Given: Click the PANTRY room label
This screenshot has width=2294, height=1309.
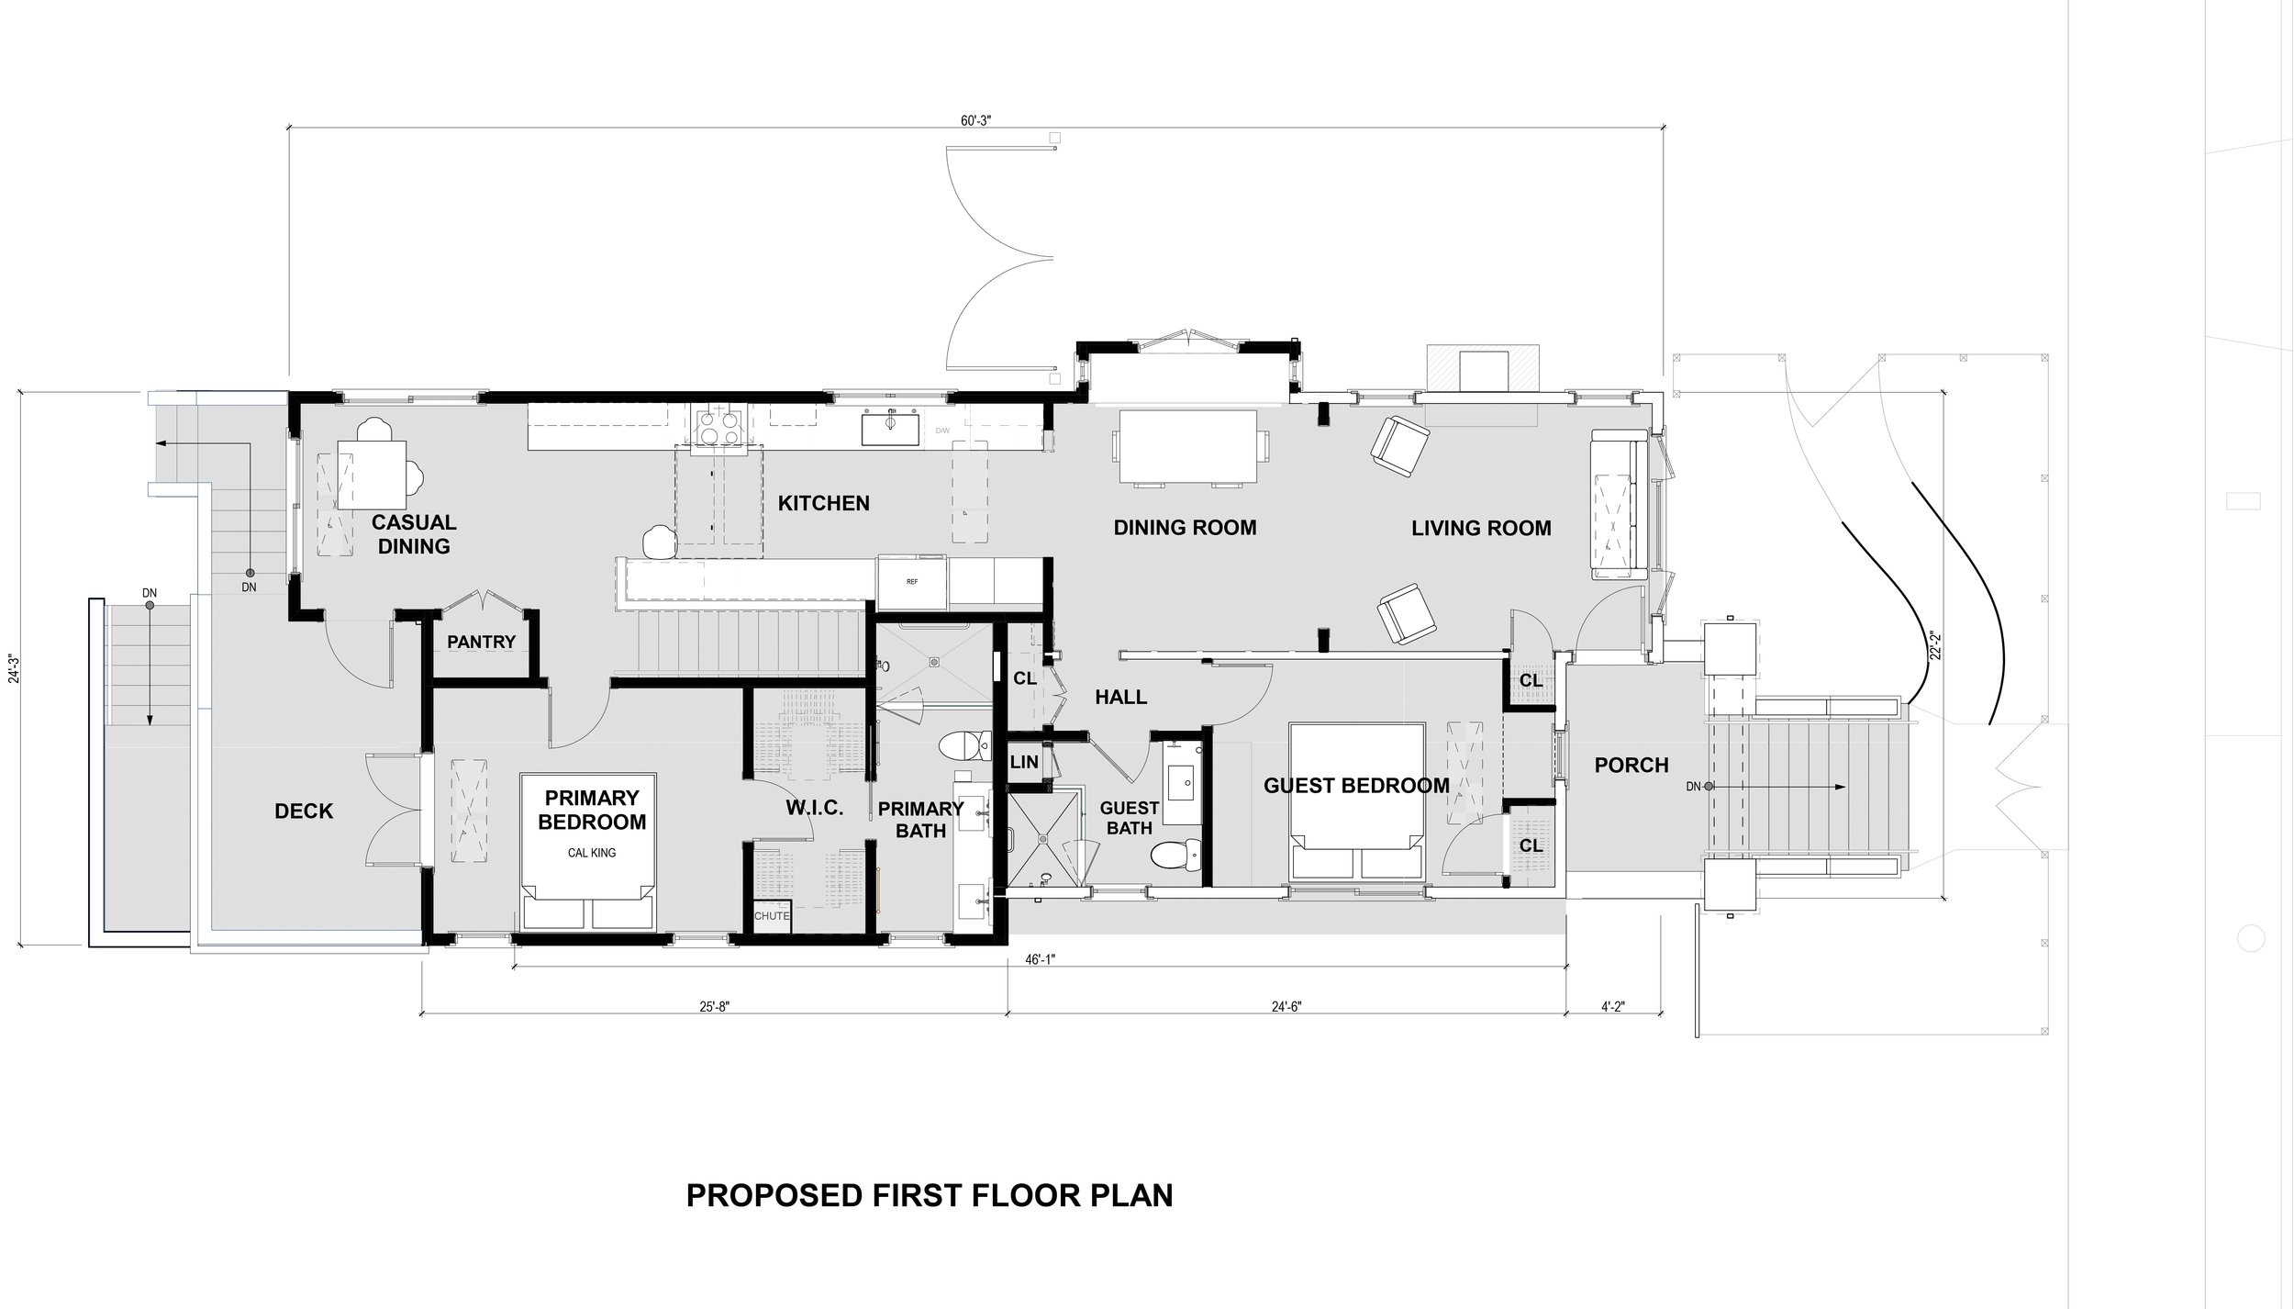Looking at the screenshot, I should click(481, 643).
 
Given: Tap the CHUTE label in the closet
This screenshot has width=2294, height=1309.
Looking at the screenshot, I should click(772, 915).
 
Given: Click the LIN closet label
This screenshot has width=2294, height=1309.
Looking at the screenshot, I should click(1024, 762).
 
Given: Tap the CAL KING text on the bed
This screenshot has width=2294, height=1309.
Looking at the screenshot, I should click(591, 853).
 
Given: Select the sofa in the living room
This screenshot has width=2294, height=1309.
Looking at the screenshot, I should click(1616, 503).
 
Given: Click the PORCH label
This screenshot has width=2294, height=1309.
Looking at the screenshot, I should click(1631, 765).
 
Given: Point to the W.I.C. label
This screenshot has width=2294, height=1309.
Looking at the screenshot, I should click(814, 809).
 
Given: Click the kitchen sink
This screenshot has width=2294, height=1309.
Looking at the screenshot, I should click(889, 429).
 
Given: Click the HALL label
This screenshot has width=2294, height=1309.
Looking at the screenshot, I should click(1120, 698).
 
